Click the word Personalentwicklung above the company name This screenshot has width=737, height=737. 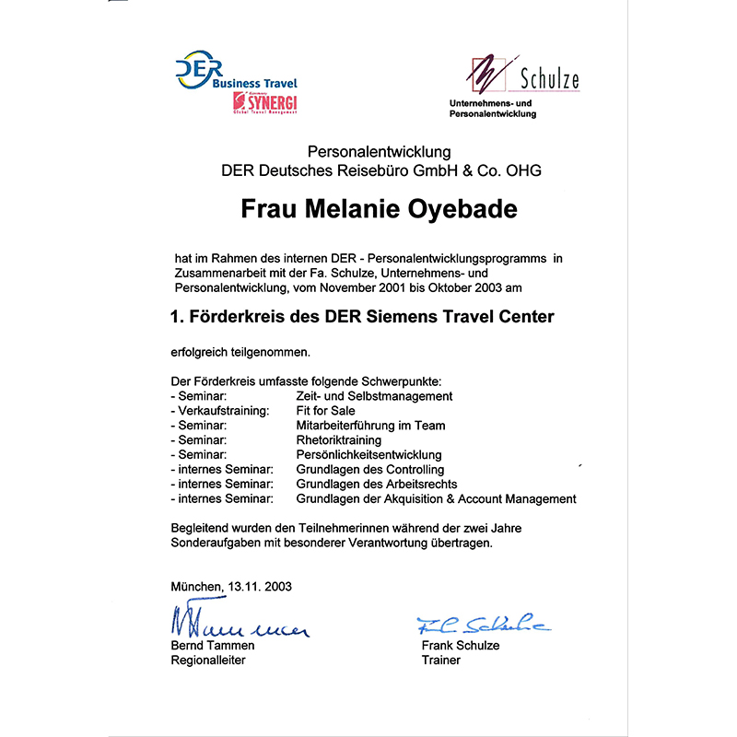point(379,152)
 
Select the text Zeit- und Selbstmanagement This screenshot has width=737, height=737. point(374,396)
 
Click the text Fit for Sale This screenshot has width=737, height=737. point(325,411)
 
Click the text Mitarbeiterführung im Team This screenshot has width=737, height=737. point(370,426)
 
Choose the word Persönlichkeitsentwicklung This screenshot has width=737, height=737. point(368,455)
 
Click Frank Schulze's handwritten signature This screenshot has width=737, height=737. point(482,624)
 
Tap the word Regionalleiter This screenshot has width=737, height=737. point(208,661)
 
